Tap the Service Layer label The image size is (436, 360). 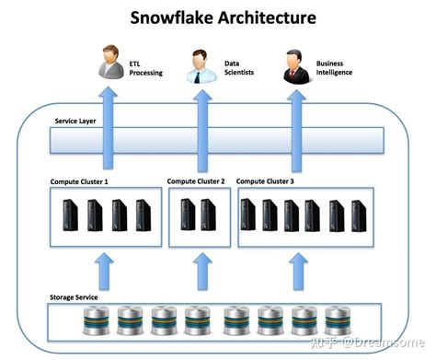point(75,120)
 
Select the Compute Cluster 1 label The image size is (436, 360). point(80,181)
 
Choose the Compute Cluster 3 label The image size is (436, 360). point(266,181)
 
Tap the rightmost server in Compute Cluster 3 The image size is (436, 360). point(360,215)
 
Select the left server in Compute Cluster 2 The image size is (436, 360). point(188,215)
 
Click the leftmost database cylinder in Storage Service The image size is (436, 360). point(95,321)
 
